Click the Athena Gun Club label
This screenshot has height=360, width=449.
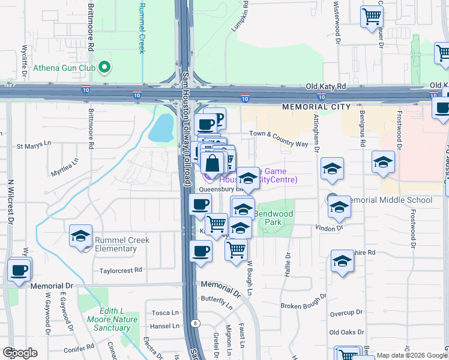click(x=64, y=68)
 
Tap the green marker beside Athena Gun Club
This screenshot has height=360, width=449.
click(x=104, y=67)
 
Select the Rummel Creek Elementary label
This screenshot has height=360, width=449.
click(x=122, y=244)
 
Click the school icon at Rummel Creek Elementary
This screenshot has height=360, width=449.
click(x=80, y=236)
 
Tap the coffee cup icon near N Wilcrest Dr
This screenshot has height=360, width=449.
click(x=20, y=269)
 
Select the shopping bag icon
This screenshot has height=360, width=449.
click(x=213, y=163)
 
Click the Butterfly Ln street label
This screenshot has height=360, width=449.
click(x=217, y=299)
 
